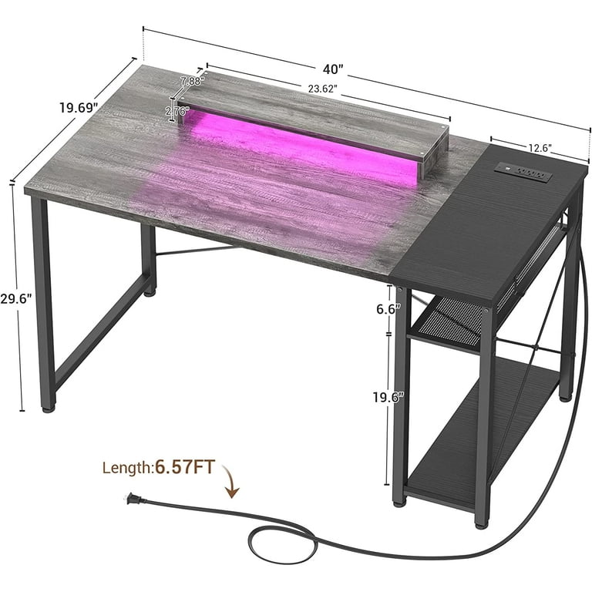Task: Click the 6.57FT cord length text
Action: [188, 466]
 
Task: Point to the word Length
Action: [128, 467]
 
